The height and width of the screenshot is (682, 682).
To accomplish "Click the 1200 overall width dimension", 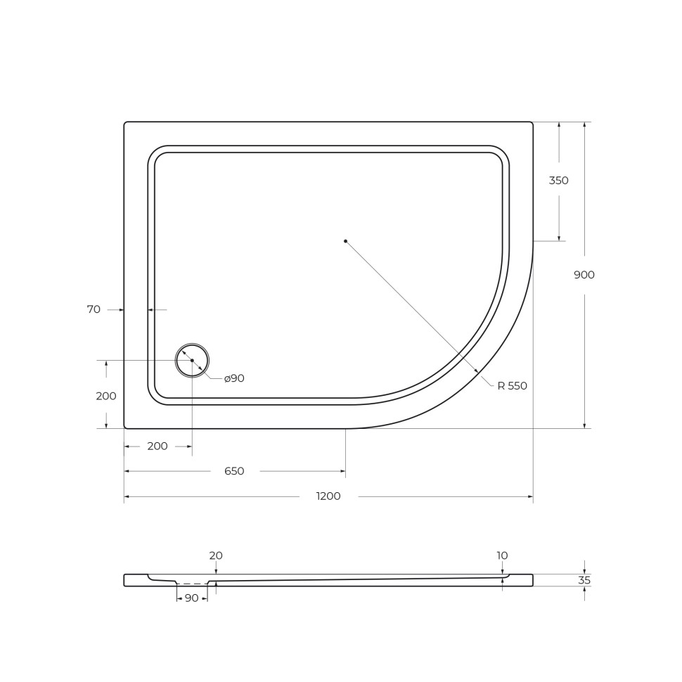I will click(328, 496).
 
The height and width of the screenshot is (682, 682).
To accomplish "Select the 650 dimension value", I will click(234, 471).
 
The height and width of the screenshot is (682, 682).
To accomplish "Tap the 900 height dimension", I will click(584, 275).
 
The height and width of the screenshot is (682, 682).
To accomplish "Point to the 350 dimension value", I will click(559, 181).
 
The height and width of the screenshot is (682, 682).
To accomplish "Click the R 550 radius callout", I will click(512, 386).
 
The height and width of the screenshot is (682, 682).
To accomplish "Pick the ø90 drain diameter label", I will click(234, 378).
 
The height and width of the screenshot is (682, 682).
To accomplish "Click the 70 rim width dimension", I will click(94, 309).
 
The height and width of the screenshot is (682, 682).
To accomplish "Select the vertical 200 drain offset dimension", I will click(106, 396).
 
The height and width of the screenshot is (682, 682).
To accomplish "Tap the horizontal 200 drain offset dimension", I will click(157, 446).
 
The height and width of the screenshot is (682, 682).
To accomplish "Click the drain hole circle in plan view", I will click(192, 361).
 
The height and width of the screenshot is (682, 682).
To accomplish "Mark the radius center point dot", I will click(345, 241).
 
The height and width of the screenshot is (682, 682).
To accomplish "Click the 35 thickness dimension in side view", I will click(584, 581).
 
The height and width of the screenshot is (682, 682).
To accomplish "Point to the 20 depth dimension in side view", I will click(216, 556).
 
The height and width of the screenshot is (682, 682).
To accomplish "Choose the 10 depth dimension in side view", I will click(502, 556).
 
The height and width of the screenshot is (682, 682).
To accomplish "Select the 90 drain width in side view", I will click(191, 598).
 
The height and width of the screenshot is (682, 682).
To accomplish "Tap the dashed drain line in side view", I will click(192, 584).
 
